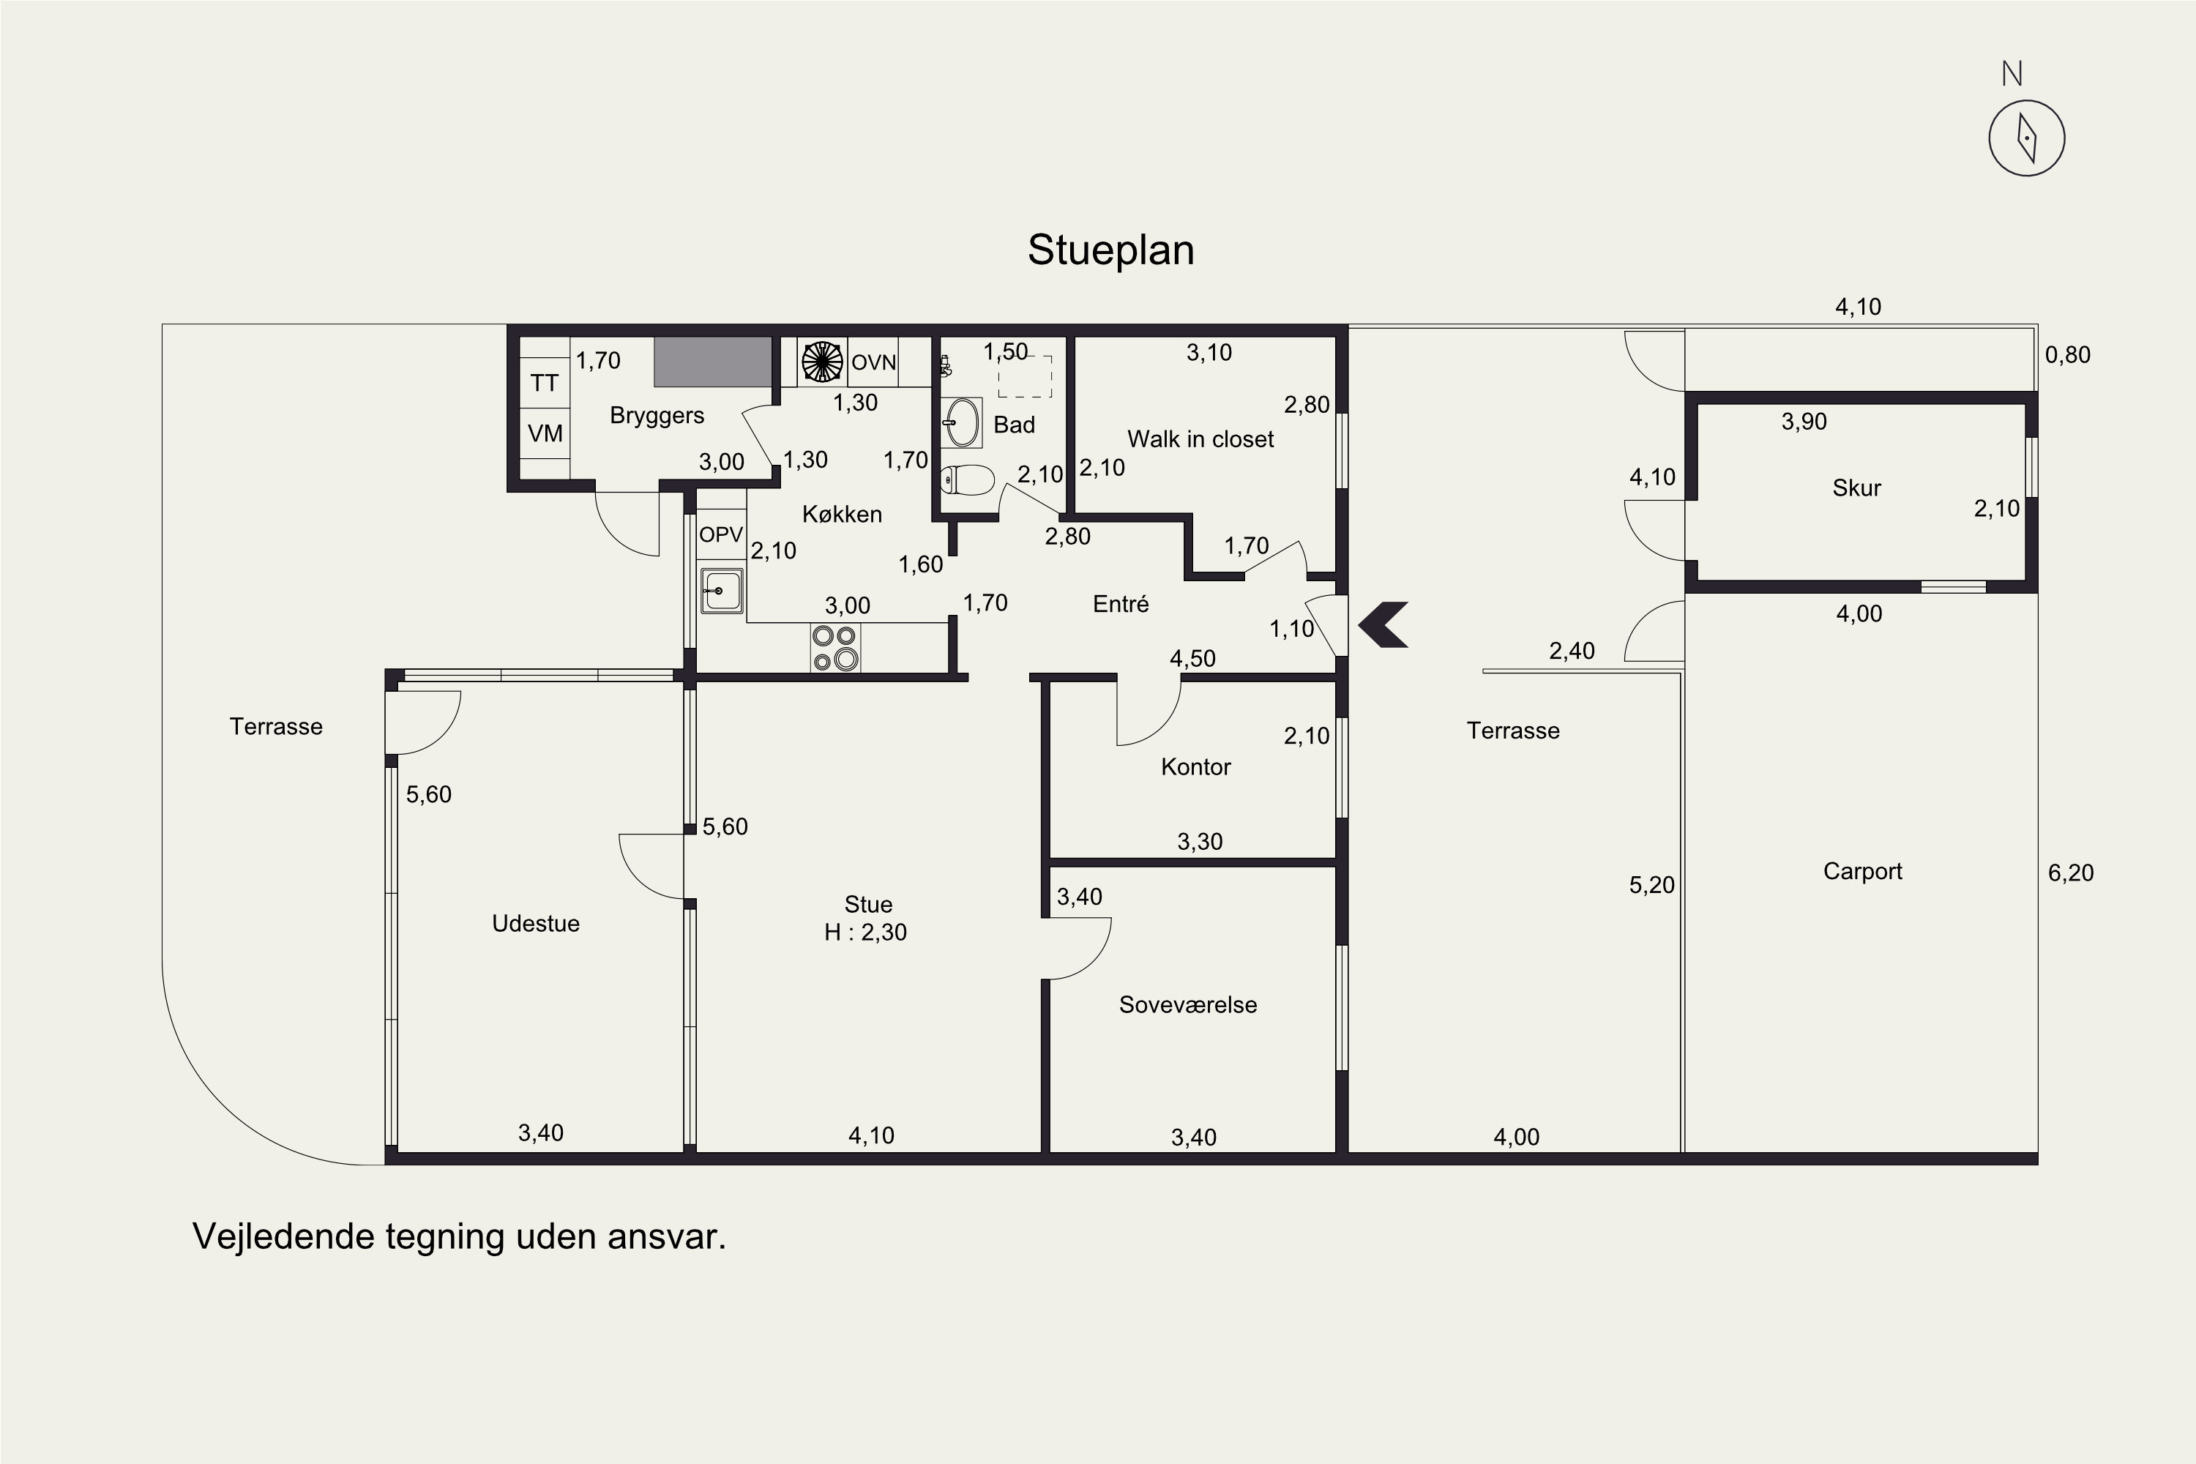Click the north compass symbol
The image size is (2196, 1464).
point(2026,138)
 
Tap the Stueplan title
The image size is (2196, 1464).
point(1111,250)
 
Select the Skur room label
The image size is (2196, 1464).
point(1856,488)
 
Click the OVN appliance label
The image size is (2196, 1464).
point(874,362)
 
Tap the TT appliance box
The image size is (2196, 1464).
point(545,383)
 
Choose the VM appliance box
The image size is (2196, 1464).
point(545,433)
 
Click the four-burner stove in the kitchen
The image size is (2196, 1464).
point(834,647)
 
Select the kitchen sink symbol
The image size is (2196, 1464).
point(722,590)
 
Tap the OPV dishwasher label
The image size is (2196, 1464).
point(721,535)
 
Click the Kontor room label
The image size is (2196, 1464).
point(1196,766)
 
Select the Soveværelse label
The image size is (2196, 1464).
point(1187,1004)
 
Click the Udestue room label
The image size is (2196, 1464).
point(536,923)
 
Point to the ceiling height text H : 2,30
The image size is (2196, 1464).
point(865,932)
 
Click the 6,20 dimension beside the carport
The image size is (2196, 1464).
point(2071,873)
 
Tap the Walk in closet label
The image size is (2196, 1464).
point(1200,438)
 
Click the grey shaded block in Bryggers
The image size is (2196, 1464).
point(712,362)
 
